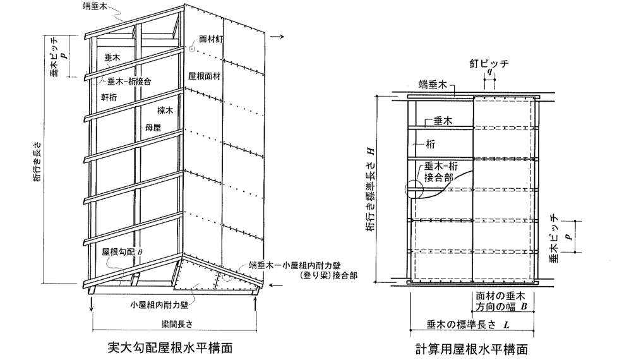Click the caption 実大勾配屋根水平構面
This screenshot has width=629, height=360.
[x=170, y=347]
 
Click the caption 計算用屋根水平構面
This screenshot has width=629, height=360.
[x=472, y=349]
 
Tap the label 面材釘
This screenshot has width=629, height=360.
[x=211, y=39]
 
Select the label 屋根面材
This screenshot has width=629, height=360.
[x=204, y=76]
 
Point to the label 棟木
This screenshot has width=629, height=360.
[x=165, y=110]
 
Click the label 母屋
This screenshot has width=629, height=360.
[x=153, y=128]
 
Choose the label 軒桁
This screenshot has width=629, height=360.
[x=109, y=97]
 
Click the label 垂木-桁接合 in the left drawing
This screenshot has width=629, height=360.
[x=129, y=81]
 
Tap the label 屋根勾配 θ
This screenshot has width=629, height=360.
[x=122, y=252]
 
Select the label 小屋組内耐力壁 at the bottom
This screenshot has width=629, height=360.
[x=159, y=305]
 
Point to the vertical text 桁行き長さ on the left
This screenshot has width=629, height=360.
[x=37, y=161]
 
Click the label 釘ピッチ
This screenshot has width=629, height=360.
[x=489, y=64]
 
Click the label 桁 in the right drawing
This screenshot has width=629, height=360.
[x=430, y=144]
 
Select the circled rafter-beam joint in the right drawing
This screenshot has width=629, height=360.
[x=414, y=189]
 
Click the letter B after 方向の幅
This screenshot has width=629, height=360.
[x=524, y=307]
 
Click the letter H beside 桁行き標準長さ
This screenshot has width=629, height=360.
[x=371, y=152]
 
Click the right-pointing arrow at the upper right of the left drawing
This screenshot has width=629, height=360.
[x=277, y=37]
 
